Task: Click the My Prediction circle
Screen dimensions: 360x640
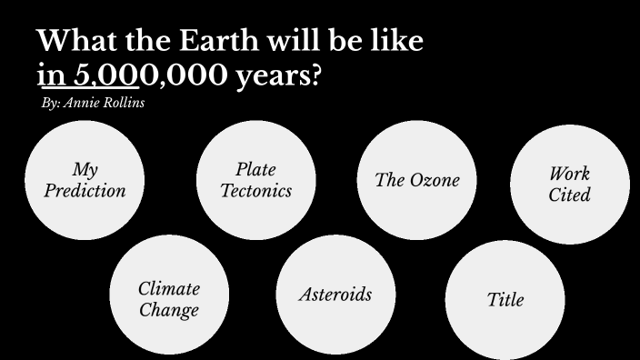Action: coord(85,180)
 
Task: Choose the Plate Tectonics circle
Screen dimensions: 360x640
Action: coord(255,180)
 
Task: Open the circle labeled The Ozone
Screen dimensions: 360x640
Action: coord(417,180)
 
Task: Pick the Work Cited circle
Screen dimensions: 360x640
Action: coord(570,185)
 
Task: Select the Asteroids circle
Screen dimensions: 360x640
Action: coord(335,295)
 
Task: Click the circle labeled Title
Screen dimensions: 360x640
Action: coord(505,299)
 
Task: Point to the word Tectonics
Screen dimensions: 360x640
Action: coord(255,191)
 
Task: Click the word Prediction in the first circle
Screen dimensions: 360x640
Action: coord(85,191)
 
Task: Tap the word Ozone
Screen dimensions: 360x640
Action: coord(435,180)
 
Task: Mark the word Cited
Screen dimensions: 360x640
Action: coord(569,195)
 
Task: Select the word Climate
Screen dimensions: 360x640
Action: coord(169,289)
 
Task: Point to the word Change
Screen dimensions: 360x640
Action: coord(169,310)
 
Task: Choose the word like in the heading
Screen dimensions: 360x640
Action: coord(396,42)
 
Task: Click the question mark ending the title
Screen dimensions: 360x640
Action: coord(315,76)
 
